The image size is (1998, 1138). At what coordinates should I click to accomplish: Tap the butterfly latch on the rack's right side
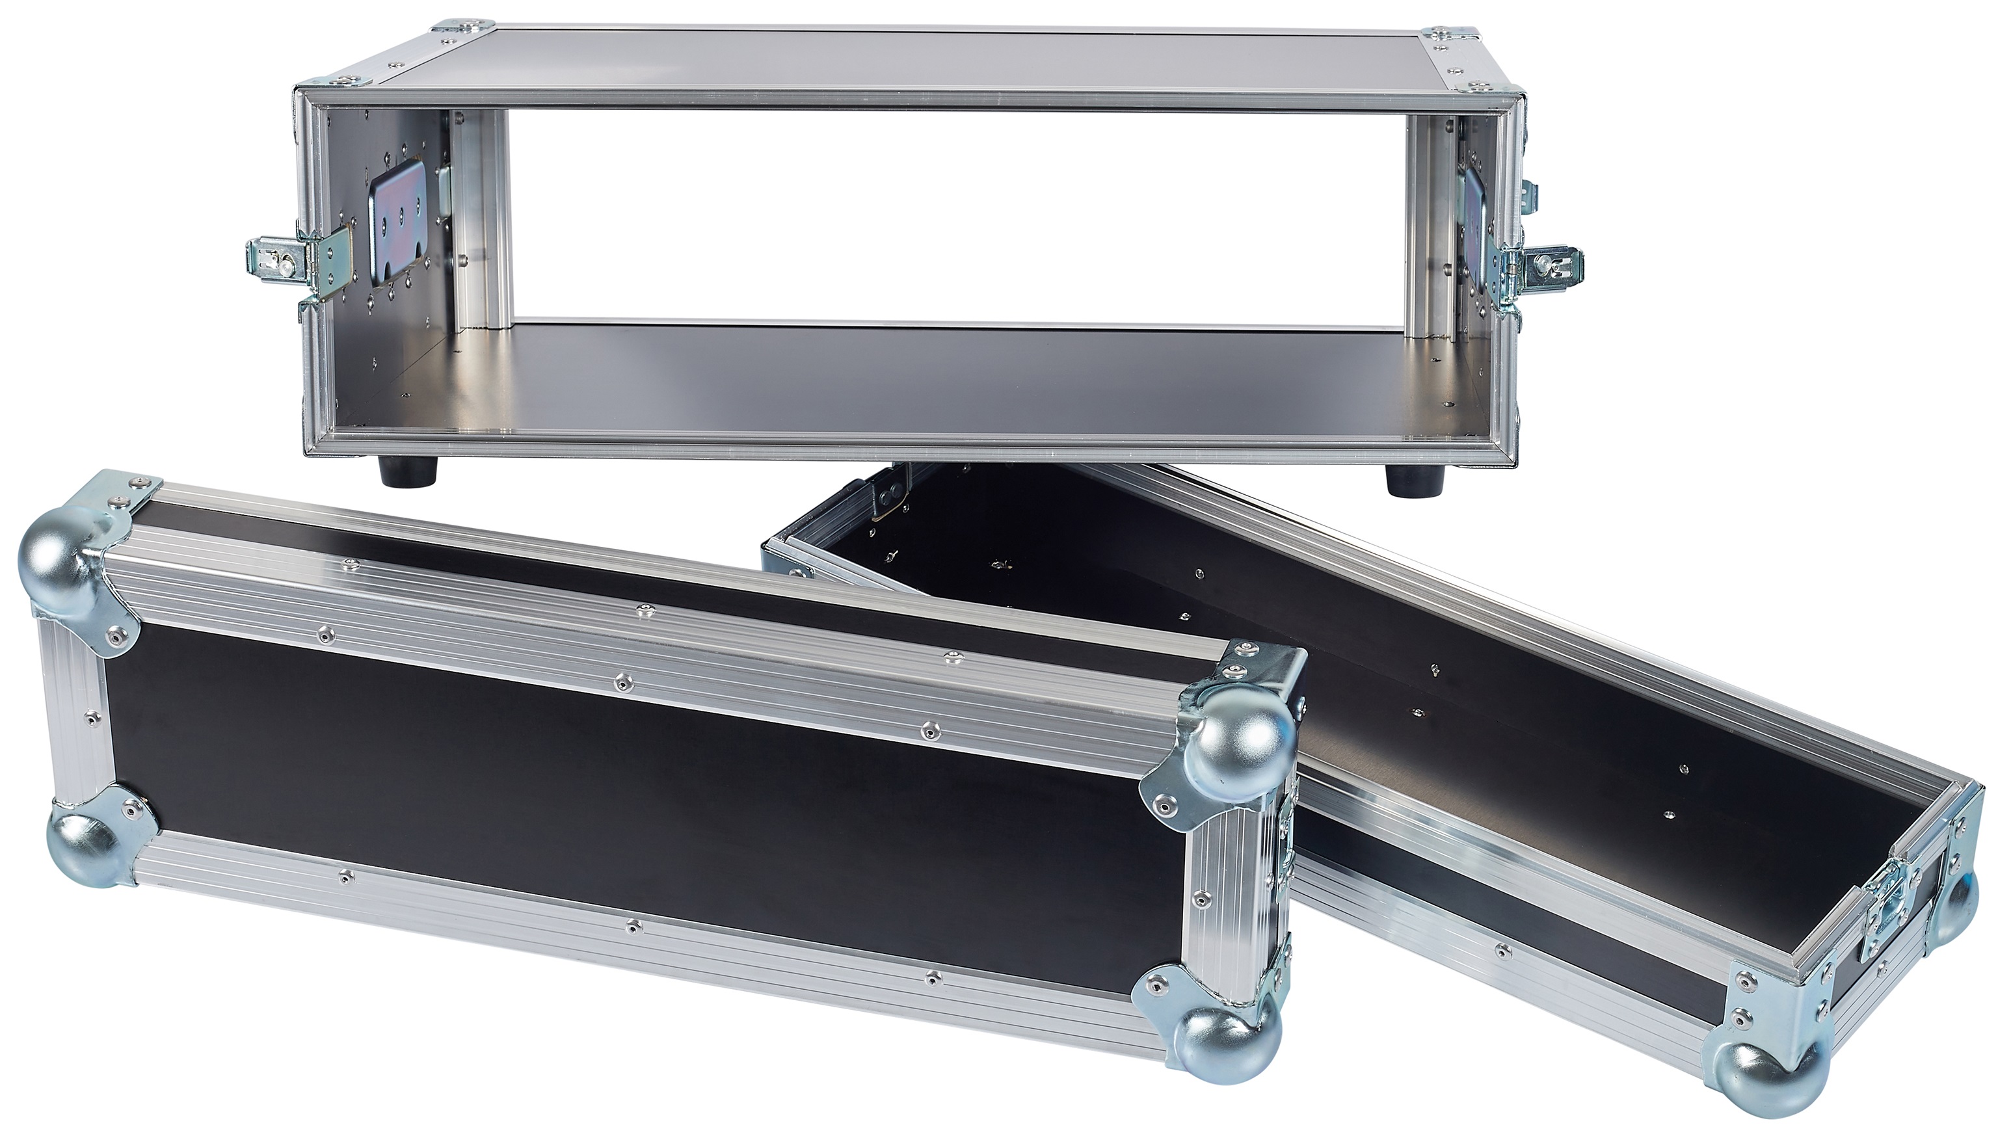(x=1538, y=266)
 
